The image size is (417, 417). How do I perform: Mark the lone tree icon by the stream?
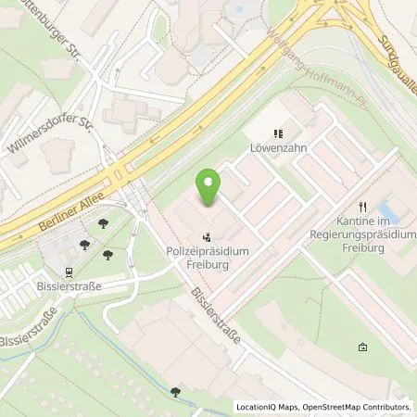point(176,392)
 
